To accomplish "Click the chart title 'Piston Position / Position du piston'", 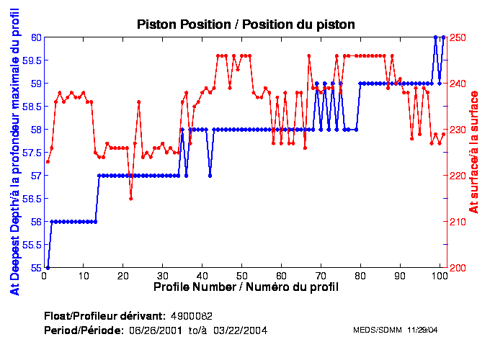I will [x=246, y=24].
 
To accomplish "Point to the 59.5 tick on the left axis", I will [x=32, y=60].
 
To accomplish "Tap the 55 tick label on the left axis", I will [x=35, y=268].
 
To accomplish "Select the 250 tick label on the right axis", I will [x=459, y=37].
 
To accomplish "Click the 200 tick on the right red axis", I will [x=459, y=268].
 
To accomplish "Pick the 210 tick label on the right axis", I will [x=459, y=222].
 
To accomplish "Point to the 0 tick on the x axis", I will [x=45, y=275].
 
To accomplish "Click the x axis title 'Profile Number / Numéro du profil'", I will [x=246, y=287].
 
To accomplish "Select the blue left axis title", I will [x=14, y=153].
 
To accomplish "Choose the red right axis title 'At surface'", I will [x=474, y=153].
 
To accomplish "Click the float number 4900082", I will [x=191, y=316].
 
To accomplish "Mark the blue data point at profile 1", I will [x=48, y=268].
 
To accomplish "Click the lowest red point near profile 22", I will [x=130, y=199].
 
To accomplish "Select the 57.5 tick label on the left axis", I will [x=32, y=153].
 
